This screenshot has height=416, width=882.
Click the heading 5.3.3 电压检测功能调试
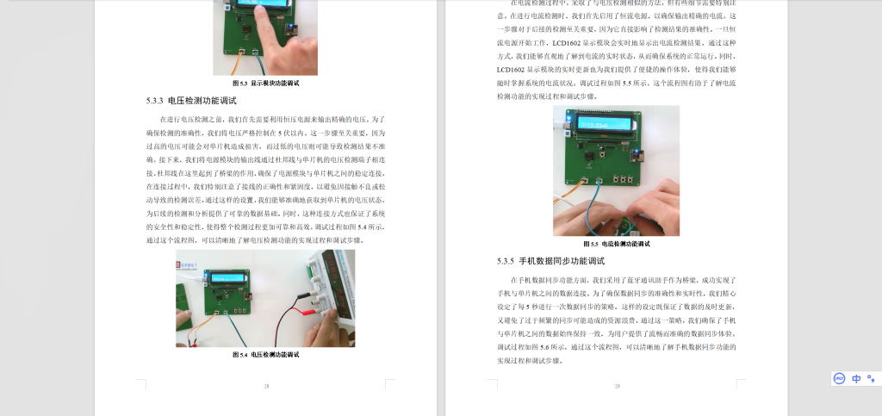click(x=190, y=101)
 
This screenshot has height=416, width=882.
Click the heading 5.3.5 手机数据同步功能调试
click(x=550, y=260)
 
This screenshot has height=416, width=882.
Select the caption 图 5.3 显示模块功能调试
click(x=265, y=83)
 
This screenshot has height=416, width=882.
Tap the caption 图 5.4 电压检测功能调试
click(x=265, y=354)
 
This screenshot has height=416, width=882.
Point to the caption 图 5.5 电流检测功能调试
click(x=617, y=244)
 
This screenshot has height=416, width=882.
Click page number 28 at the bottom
click(x=266, y=386)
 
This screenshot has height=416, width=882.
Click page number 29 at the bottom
click(x=617, y=386)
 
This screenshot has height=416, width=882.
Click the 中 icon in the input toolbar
click(x=856, y=378)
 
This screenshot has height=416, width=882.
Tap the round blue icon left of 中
click(x=839, y=378)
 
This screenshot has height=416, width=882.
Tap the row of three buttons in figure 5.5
click(x=618, y=179)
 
